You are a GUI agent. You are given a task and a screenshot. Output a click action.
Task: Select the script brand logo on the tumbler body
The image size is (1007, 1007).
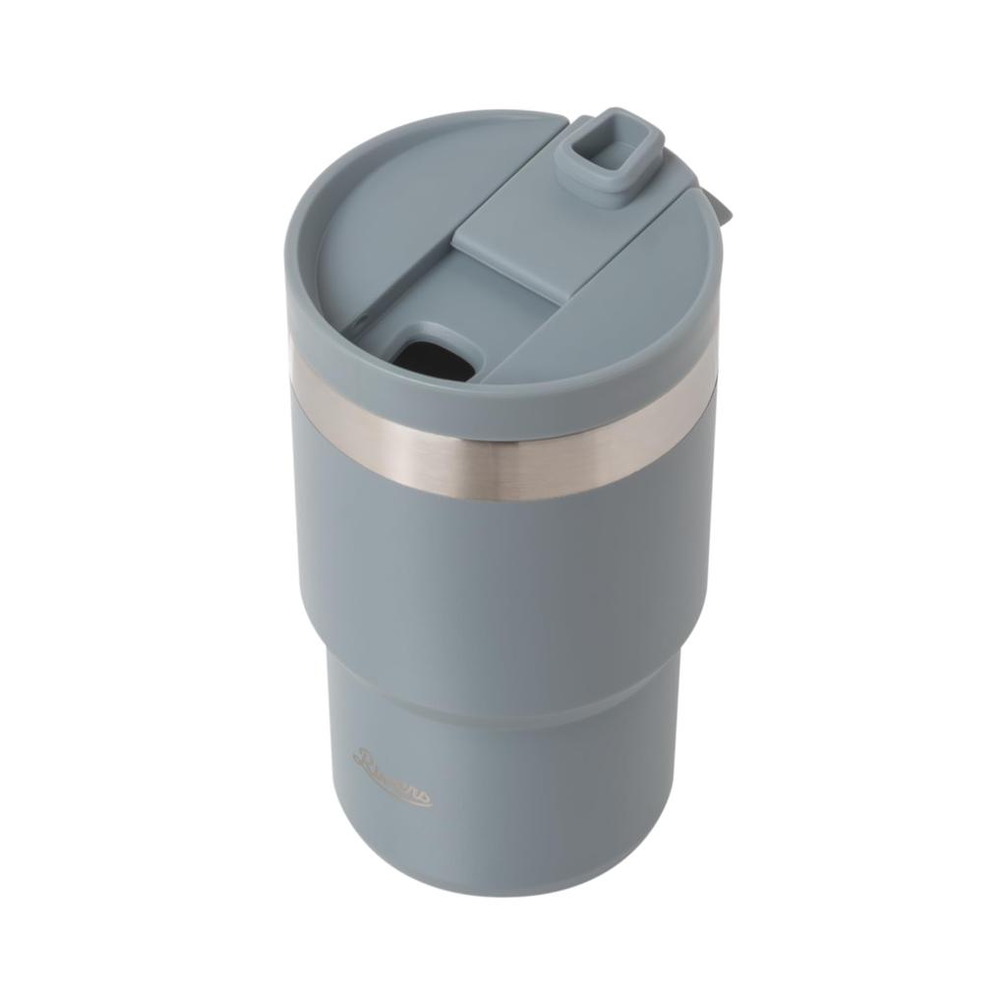point(391,778)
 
